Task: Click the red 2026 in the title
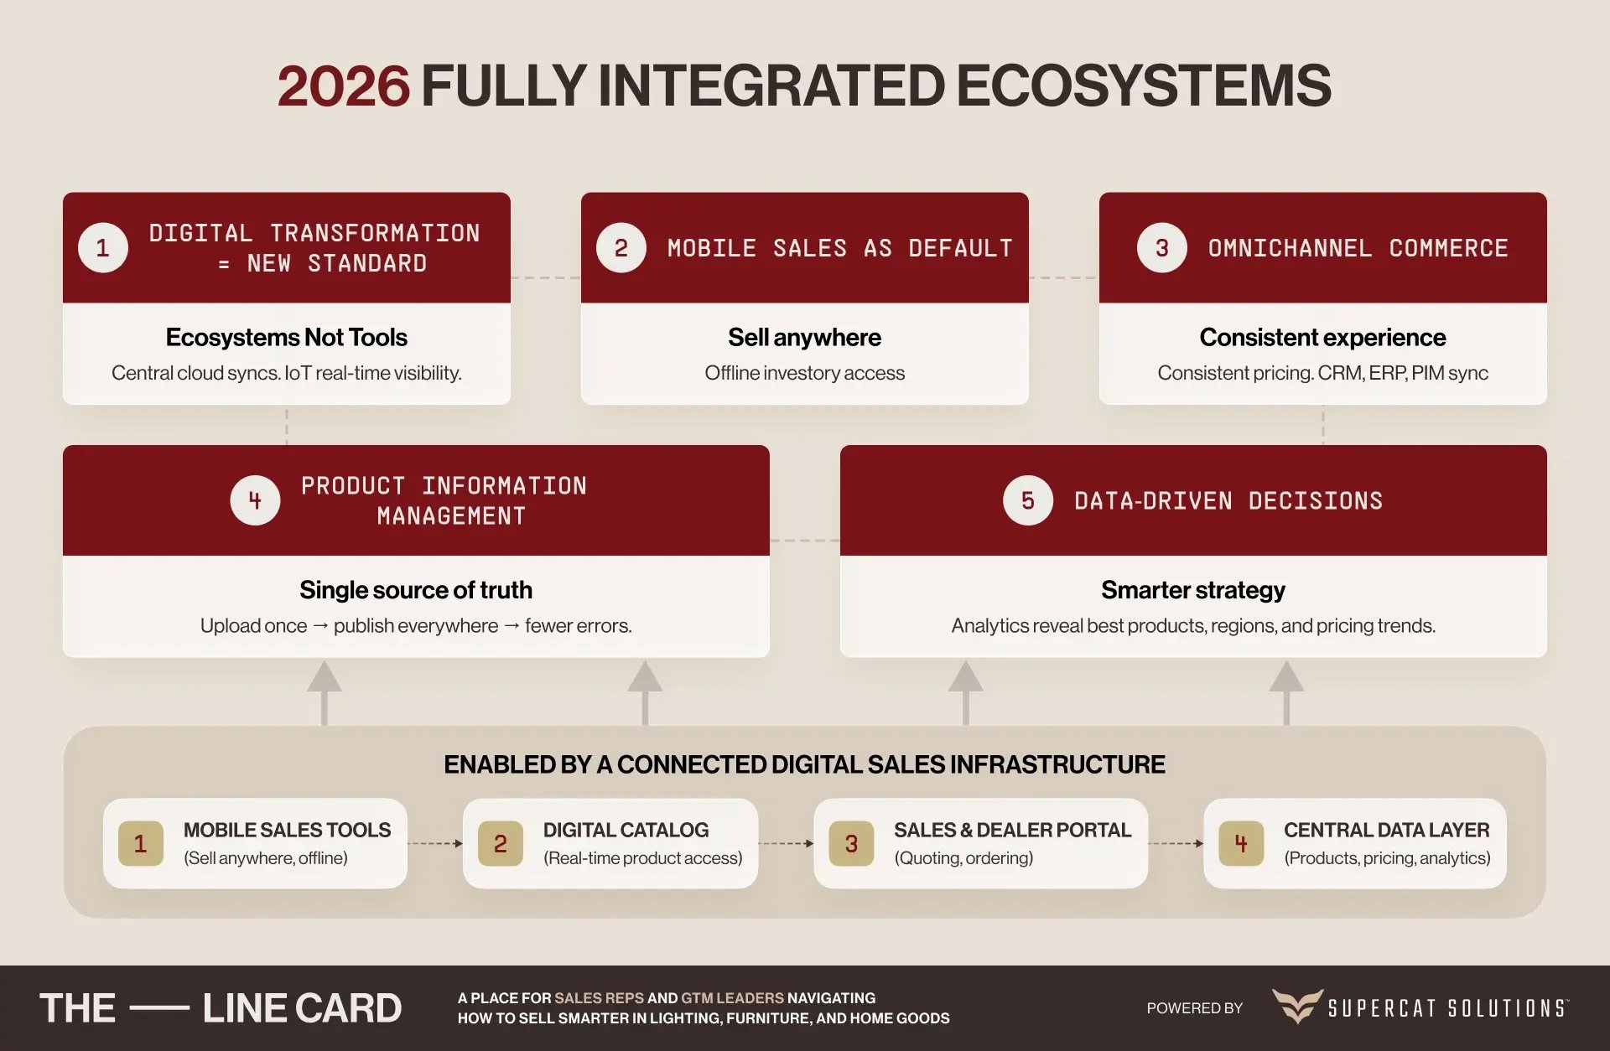pos(343,85)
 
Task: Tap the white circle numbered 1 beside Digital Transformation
pos(103,248)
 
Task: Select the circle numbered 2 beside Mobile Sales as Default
pos(621,248)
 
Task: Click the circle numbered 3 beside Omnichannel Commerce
pos(1161,248)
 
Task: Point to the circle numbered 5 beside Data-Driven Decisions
pos(1027,500)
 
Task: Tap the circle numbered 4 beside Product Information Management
pos(255,500)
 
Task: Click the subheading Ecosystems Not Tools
pos(286,337)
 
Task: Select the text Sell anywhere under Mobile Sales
pos(804,337)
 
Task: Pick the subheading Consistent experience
pos(1322,337)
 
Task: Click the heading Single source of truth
pos(415,590)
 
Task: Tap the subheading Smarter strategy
pos(1192,590)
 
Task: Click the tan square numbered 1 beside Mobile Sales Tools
pos(141,843)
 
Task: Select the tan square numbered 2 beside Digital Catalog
pos(501,843)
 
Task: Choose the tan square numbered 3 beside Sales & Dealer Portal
pos(851,843)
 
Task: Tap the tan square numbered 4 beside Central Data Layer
pos(1241,843)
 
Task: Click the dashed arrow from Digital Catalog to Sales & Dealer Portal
pos(786,843)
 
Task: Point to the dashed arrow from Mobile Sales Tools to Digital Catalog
pos(435,843)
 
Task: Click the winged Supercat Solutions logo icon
pos(1297,1006)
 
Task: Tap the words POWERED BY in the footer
pos(1194,1008)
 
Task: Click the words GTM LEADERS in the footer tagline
pos(732,998)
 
